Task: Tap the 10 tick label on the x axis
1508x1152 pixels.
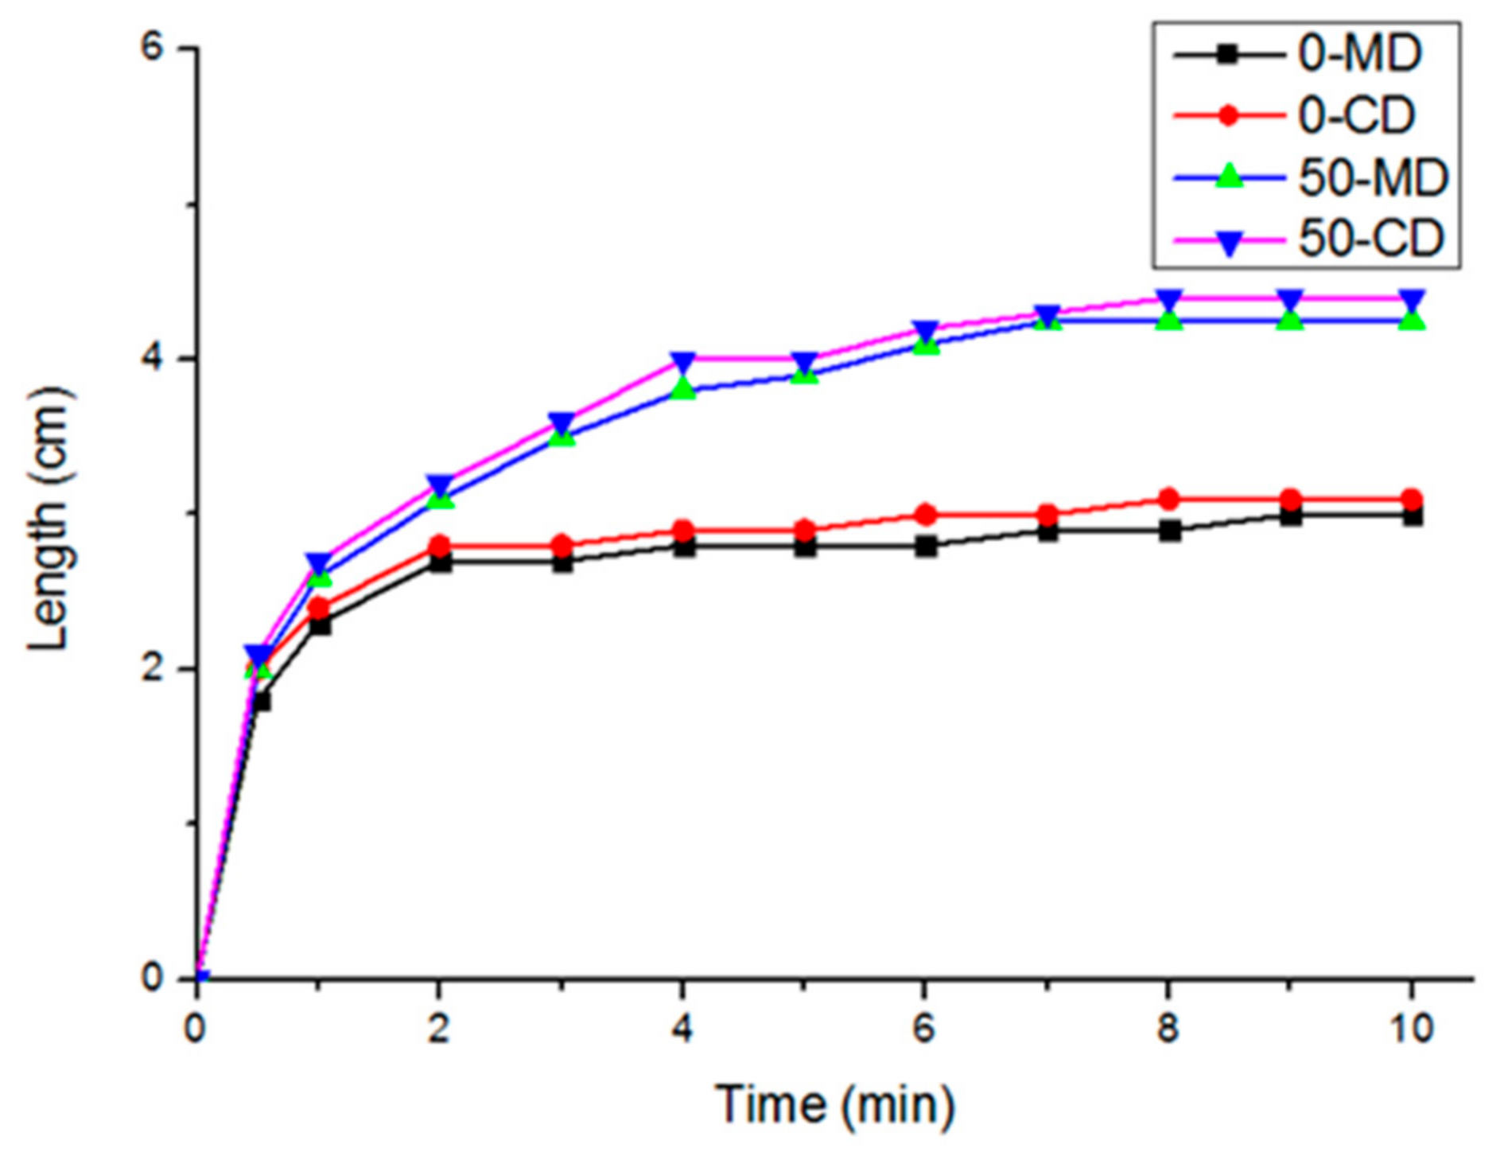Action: [x=1411, y=1029]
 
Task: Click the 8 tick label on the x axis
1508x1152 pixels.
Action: [x=1168, y=1029]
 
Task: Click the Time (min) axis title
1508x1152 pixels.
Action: [x=835, y=1104]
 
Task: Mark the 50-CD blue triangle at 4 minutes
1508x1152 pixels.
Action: [x=682, y=362]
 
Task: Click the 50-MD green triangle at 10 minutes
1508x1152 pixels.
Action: [x=1411, y=320]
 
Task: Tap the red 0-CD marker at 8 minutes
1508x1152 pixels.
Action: [x=1168, y=499]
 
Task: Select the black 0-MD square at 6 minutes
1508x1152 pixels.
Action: [x=925, y=547]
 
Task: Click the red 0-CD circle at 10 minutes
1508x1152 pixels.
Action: [x=1411, y=499]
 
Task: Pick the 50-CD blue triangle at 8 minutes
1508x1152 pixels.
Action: [x=1168, y=301]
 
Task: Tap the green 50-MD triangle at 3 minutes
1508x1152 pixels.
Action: [x=562, y=435]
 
